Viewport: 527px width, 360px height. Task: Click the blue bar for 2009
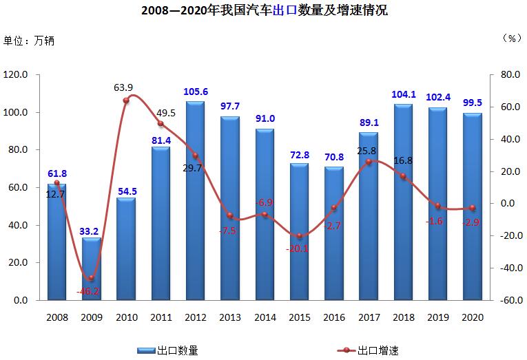(x=92, y=268)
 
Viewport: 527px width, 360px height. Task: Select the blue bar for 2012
(x=195, y=200)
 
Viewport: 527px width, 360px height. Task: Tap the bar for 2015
(x=299, y=232)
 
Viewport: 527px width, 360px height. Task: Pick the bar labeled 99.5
(x=472, y=207)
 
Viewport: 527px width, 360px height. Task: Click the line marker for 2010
(x=126, y=100)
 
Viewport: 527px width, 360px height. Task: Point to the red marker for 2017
(x=369, y=162)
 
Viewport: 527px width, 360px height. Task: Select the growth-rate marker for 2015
(x=300, y=235)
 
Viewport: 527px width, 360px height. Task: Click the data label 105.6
(x=196, y=92)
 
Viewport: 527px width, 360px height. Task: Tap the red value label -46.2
(x=87, y=291)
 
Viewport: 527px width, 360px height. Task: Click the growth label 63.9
(x=123, y=87)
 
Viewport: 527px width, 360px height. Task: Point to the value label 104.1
(x=404, y=95)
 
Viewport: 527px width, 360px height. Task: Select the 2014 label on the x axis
(x=265, y=317)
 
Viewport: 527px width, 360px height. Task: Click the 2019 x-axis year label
(x=438, y=317)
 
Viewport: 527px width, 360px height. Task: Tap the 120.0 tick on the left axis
(x=15, y=74)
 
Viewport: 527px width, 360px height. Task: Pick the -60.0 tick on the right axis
(x=511, y=300)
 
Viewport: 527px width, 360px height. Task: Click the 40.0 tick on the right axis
(x=510, y=139)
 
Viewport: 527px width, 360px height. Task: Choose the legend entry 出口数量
(x=167, y=351)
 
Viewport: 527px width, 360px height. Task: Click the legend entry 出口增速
(x=368, y=351)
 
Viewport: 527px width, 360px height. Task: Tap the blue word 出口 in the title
(x=285, y=10)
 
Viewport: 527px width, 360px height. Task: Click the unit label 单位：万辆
(x=28, y=41)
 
